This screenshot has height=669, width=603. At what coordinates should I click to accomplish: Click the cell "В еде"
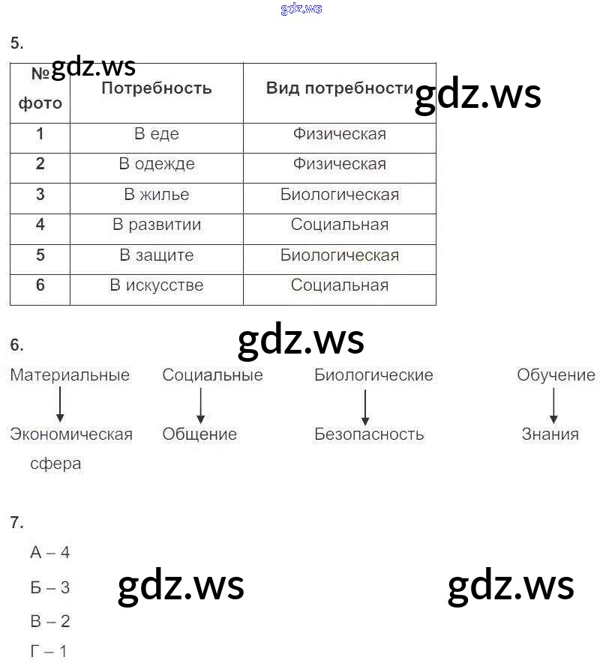(x=157, y=134)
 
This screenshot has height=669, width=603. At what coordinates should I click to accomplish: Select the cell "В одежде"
(x=157, y=164)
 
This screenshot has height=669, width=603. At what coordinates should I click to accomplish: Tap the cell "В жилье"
(x=157, y=195)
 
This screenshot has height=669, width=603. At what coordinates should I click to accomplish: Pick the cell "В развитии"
(x=157, y=225)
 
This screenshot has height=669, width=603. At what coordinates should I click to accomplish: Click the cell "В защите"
(x=157, y=255)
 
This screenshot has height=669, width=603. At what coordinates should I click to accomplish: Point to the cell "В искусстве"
(x=157, y=285)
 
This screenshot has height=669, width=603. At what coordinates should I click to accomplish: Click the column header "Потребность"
(x=157, y=88)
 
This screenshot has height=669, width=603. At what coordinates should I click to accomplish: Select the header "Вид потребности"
(x=340, y=88)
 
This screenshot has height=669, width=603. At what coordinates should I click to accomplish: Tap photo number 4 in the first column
(x=40, y=225)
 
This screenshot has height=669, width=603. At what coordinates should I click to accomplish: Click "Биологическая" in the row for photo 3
(x=340, y=195)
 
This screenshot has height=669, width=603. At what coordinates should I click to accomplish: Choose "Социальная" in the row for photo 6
(x=340, y=285)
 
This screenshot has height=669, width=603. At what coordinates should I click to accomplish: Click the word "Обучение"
(x=556, y=375)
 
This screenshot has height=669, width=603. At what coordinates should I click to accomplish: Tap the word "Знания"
(x=550, y=434)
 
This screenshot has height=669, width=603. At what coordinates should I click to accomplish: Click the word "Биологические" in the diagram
(x=373, y=375)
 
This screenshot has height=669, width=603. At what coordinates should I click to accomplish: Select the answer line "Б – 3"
(x=50, y=587)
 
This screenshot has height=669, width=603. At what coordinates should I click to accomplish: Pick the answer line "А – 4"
(x=50, y=553)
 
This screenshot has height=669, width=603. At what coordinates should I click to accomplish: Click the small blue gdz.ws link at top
(x=301, y=9)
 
